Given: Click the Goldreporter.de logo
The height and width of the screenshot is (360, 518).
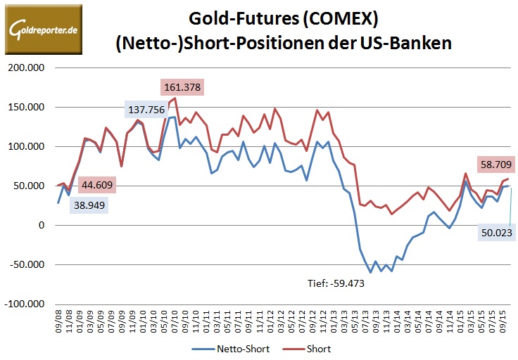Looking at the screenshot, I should [x=42, y=30].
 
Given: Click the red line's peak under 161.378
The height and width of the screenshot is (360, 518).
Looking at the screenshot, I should [x=175, y=98].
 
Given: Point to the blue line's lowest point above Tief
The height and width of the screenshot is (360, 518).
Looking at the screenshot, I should [x=370, y=272].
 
